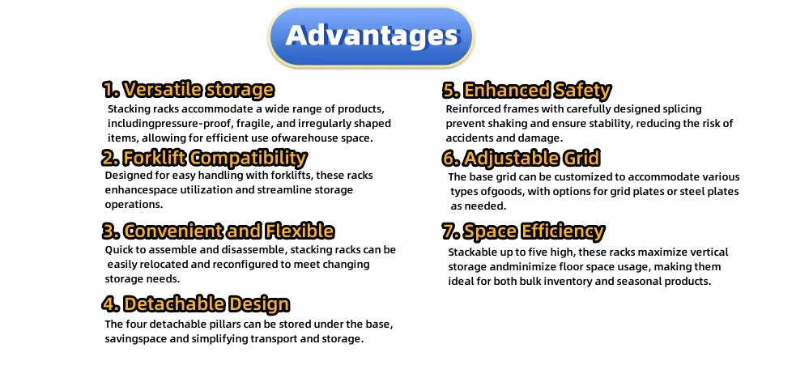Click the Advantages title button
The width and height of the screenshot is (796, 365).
pos(371,36)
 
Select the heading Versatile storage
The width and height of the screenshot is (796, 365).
pos(188,89)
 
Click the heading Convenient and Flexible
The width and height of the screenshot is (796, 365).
pos(217,231)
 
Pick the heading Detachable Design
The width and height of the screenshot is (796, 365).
pos(195,304)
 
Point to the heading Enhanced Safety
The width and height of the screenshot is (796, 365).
pos(526,90)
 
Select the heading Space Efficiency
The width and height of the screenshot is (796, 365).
pos(523,231)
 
